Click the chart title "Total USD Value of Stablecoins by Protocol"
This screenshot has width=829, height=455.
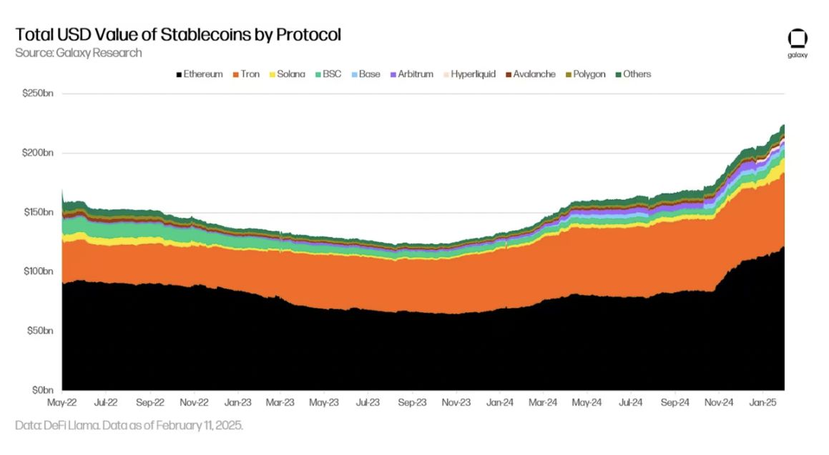pos(178,34)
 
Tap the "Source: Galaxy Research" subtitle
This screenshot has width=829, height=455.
pos(79,53)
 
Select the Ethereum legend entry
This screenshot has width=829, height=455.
pos(200,74)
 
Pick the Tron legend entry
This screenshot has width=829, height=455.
pos(247,74)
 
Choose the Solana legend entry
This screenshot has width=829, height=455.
pos(288,74)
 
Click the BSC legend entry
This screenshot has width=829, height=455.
pos(328,74)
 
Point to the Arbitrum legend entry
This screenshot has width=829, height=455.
pos(411,74)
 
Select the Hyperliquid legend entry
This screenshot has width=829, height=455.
pos(469,74)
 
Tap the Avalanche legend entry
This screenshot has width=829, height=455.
pos(530,74)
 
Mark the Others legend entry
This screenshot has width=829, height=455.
pos(633,74)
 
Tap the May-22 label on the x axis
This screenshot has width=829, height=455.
pos(62,403)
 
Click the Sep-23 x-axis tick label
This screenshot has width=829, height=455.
pos(411,403)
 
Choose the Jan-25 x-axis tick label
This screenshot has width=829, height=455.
pos(763,403)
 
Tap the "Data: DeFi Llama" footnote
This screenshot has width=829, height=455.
pos(129,425)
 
